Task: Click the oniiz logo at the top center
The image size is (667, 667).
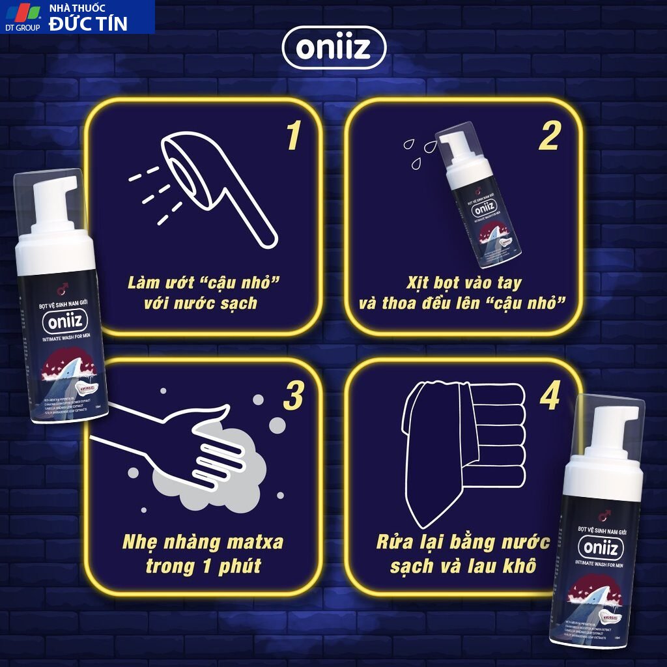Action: (333, 48)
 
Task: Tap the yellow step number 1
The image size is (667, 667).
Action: (292, 136)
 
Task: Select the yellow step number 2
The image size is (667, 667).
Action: (549, 136)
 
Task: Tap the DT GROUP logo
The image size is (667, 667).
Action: (23, 16)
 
